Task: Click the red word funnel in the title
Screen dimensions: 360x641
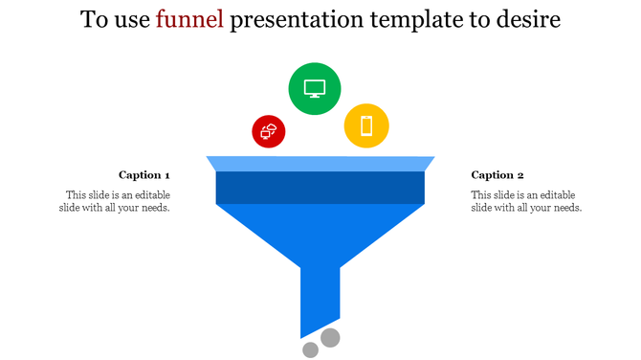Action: [x=190, y=20]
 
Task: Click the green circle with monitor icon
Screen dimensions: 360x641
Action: [x=315, y=88]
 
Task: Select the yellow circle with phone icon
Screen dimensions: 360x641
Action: [x=366, y=125]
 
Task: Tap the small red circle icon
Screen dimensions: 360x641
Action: [x=269, y=132]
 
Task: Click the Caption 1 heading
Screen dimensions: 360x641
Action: [x=144, y=175]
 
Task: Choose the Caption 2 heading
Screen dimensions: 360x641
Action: [x=497, y=175]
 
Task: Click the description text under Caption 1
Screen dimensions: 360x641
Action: [x=116, y=201]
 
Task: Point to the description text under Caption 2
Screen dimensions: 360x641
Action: [x=526, y=201]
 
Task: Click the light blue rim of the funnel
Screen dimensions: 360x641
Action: [x=320, y=164]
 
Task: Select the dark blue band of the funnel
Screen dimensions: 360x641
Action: [x=320, y=188]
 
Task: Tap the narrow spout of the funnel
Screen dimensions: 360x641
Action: [x=320, y=297]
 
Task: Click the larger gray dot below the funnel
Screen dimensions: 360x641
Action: [x=330, y=337]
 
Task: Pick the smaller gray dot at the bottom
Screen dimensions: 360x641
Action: [x=310, y=350]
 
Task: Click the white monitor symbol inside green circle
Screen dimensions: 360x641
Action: [x=315, y=88]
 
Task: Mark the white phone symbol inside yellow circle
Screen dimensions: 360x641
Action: [x=366, y=125]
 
